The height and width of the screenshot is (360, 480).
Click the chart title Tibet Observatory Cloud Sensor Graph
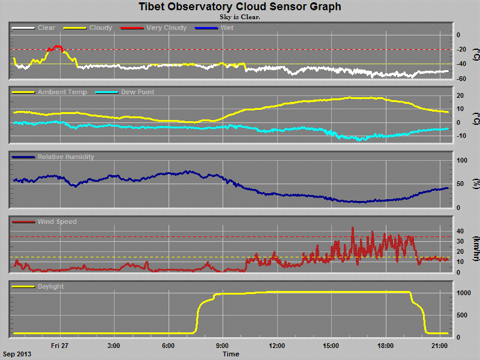(240, 7)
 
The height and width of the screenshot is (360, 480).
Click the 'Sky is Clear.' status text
(240, 17)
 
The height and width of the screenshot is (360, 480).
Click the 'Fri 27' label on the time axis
(59, 345)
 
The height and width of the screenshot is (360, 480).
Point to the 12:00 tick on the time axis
(277, 345)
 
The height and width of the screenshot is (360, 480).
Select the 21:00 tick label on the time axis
(440, 345)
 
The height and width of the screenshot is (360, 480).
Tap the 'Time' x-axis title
(231, 354)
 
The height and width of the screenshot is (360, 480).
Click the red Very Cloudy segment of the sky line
(57, 47)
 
